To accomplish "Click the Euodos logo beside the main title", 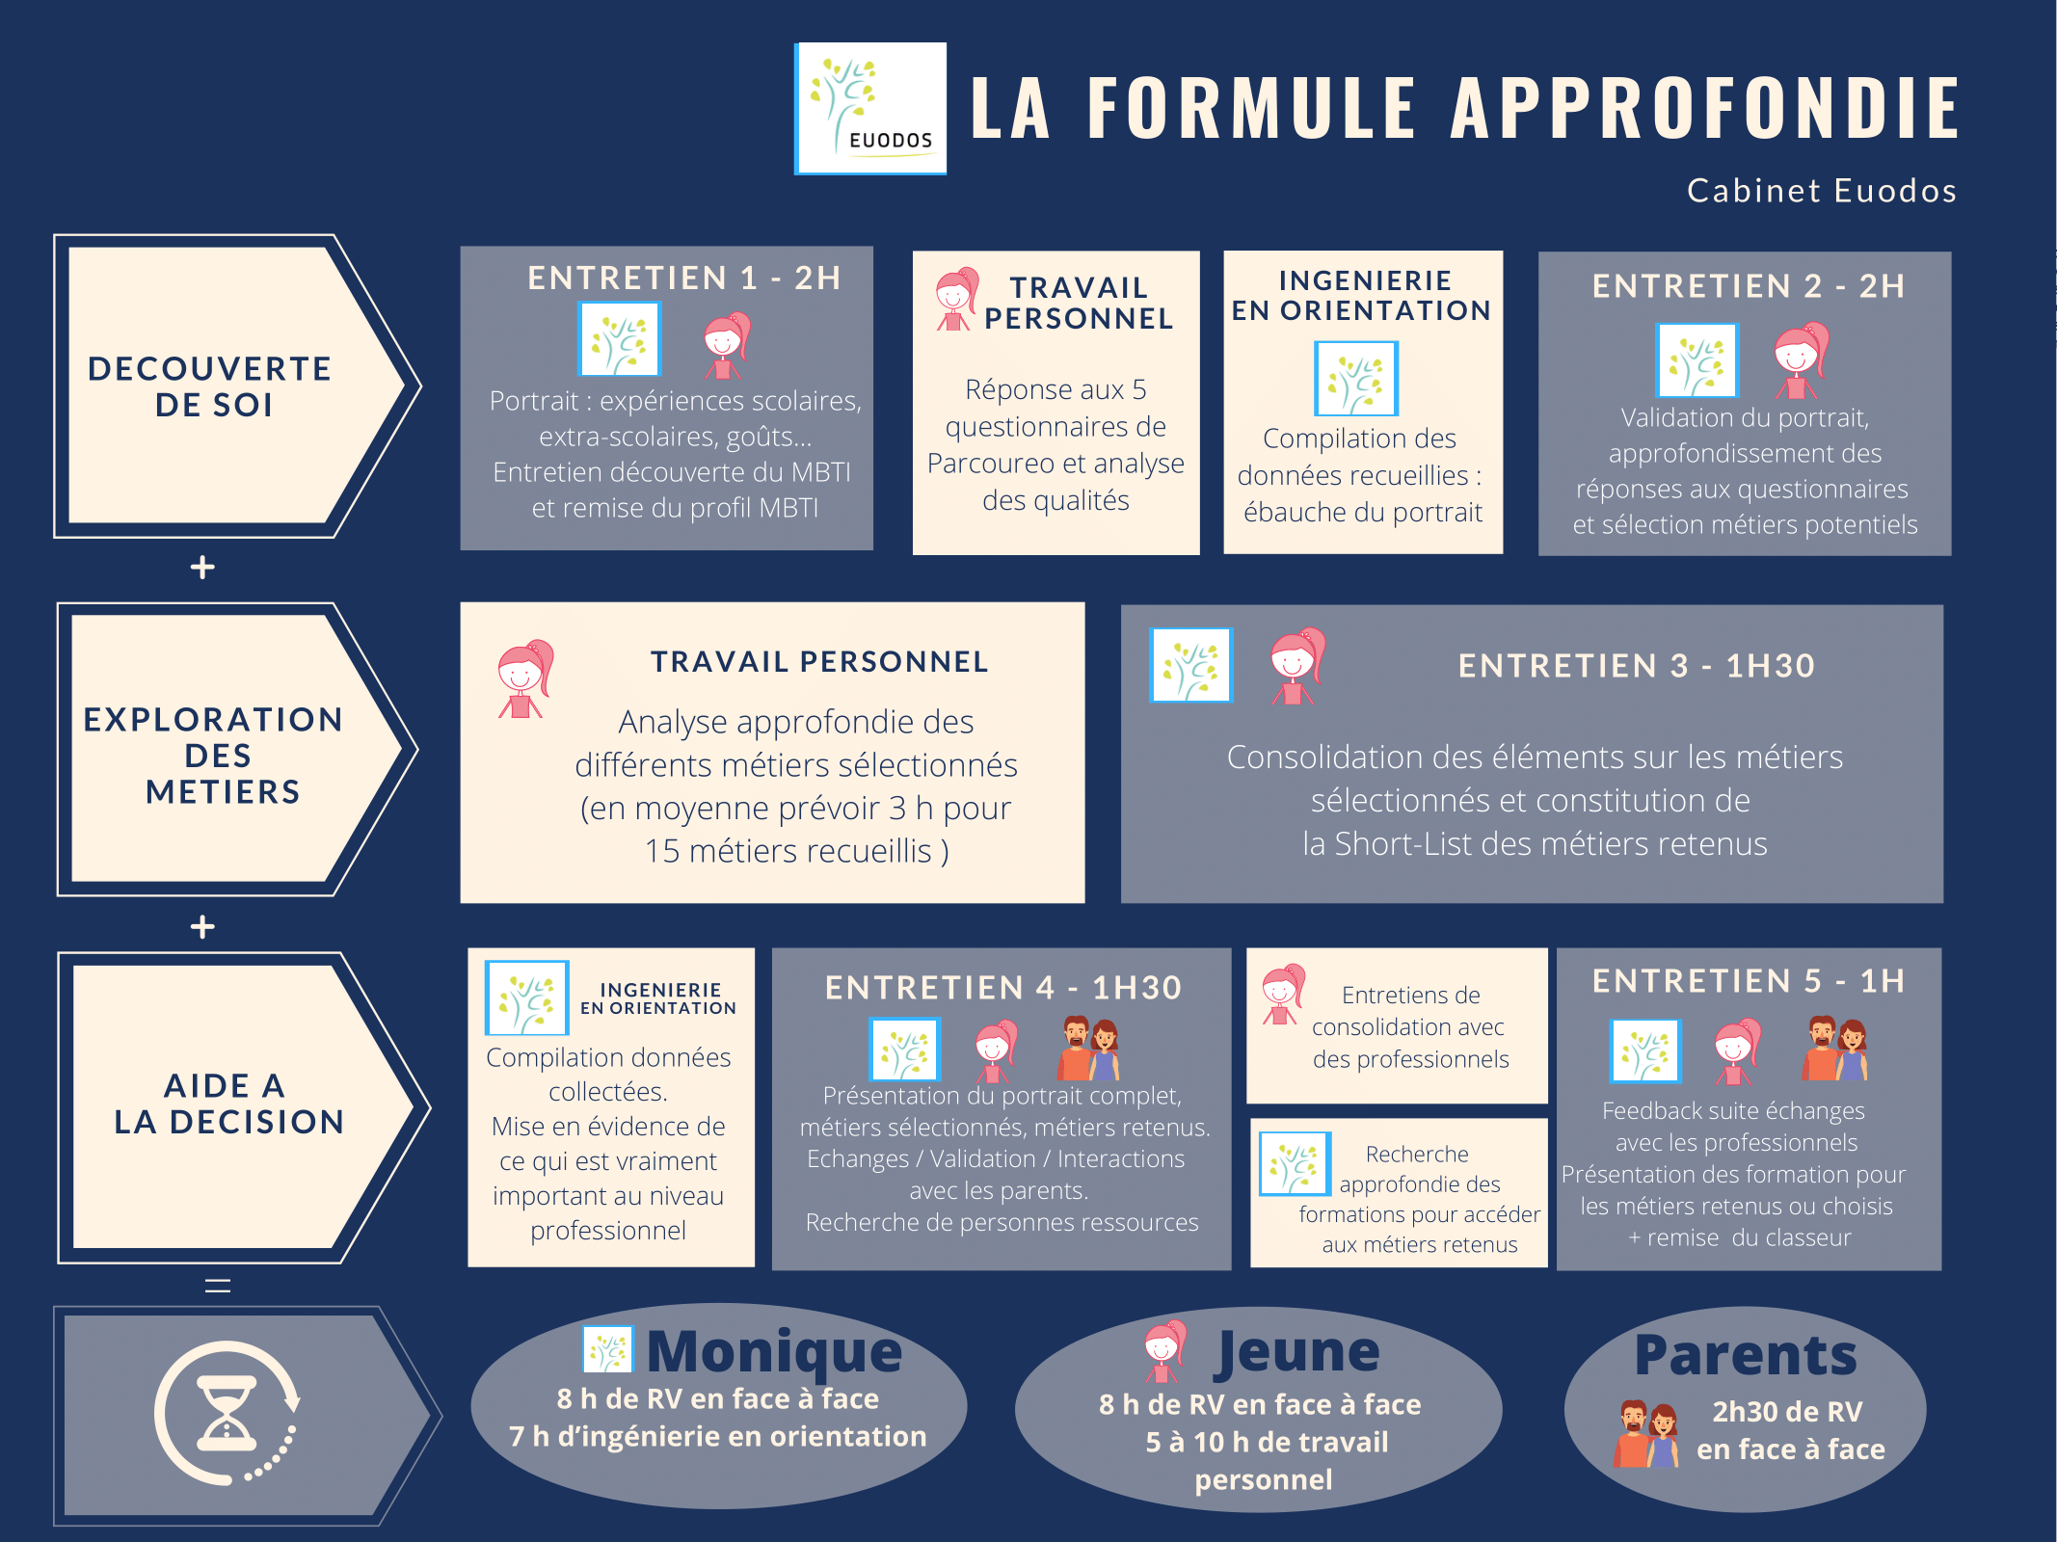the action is click(870, 109).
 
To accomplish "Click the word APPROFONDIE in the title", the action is click(1705, 108).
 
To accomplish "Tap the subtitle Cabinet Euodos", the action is click(1822, 191).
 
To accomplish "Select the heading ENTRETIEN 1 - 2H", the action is click(684, 279).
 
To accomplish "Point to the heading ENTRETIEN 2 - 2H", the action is click(1749, 286).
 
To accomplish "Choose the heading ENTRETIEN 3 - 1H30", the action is click(1637, 666).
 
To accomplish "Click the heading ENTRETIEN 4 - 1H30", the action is click(1003, 988).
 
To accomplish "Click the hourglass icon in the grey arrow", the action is click(227, 1413).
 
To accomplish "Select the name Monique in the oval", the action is click(774, 1351).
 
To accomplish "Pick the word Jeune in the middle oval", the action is click(1297, 1352).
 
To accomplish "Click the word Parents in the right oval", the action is click(1746, 1355).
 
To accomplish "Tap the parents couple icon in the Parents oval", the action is click(1647, 1433).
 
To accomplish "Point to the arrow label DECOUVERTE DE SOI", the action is click(210, 386).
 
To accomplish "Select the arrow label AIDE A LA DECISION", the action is click(228, 1103).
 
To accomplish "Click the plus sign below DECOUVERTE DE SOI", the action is click(202, 567).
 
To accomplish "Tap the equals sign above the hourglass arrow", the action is click(218, 1286).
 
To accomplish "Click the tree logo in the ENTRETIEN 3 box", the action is click(1191, 665).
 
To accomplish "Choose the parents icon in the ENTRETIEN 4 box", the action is click(1090, 1049).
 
